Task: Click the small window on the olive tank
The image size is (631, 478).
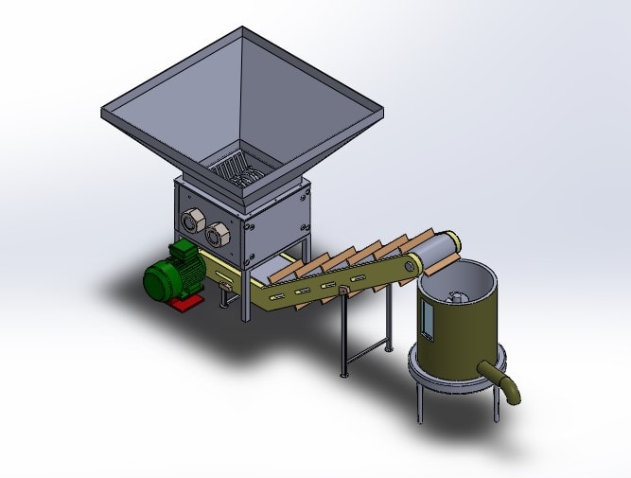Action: point(428,322)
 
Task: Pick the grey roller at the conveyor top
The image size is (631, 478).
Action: point(436,248)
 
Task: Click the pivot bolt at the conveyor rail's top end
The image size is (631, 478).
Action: point(411,265)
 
